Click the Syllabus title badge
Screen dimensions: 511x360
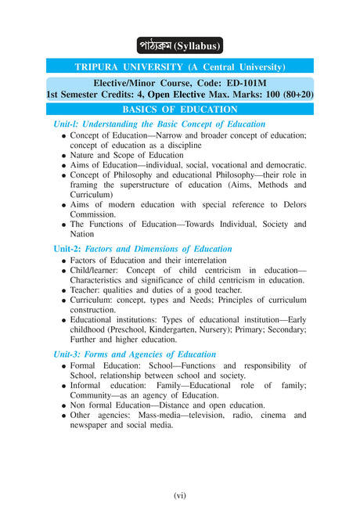click(179, 45)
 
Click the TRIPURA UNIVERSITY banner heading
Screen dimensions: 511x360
click(179, 67)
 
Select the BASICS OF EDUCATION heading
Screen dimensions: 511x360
click(180, 110)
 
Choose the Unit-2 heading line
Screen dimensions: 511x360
click(142, 249)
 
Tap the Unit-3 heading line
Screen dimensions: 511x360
click(134, 354)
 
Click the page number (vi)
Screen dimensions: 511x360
click(180, 495)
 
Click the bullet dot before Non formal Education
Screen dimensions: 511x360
click(63, 405)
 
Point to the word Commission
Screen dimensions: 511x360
click(93, 214)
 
